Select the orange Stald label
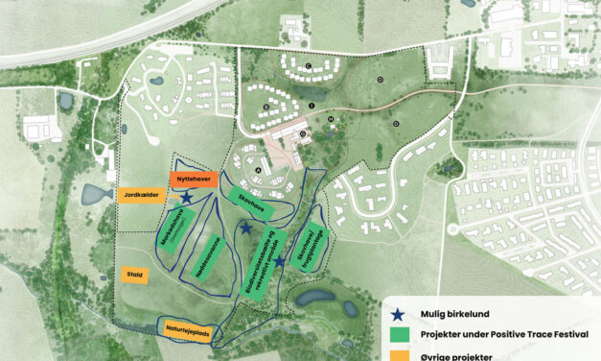(x=134, y=275)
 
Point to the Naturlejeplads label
(x=188, y=330)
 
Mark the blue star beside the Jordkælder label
(x=187, y=198)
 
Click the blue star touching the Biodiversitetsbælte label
(x=279, y=261)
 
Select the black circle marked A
(x=260, y=169)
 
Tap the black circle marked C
(x=309, y=65)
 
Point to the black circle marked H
(x=331, y=119)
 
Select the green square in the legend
(x=401, y=335)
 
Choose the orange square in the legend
(x=401, y=356)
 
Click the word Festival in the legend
(x=566, y=335)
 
